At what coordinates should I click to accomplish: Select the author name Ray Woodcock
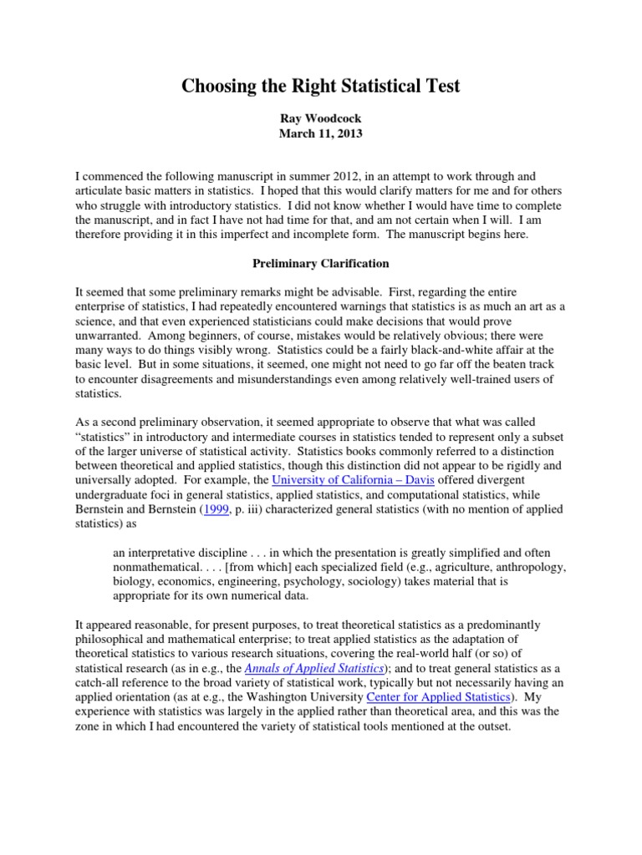tap(321, 119)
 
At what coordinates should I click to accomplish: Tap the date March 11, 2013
tap(321, 134)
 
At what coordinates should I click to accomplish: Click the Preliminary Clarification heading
tap(321, 263)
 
